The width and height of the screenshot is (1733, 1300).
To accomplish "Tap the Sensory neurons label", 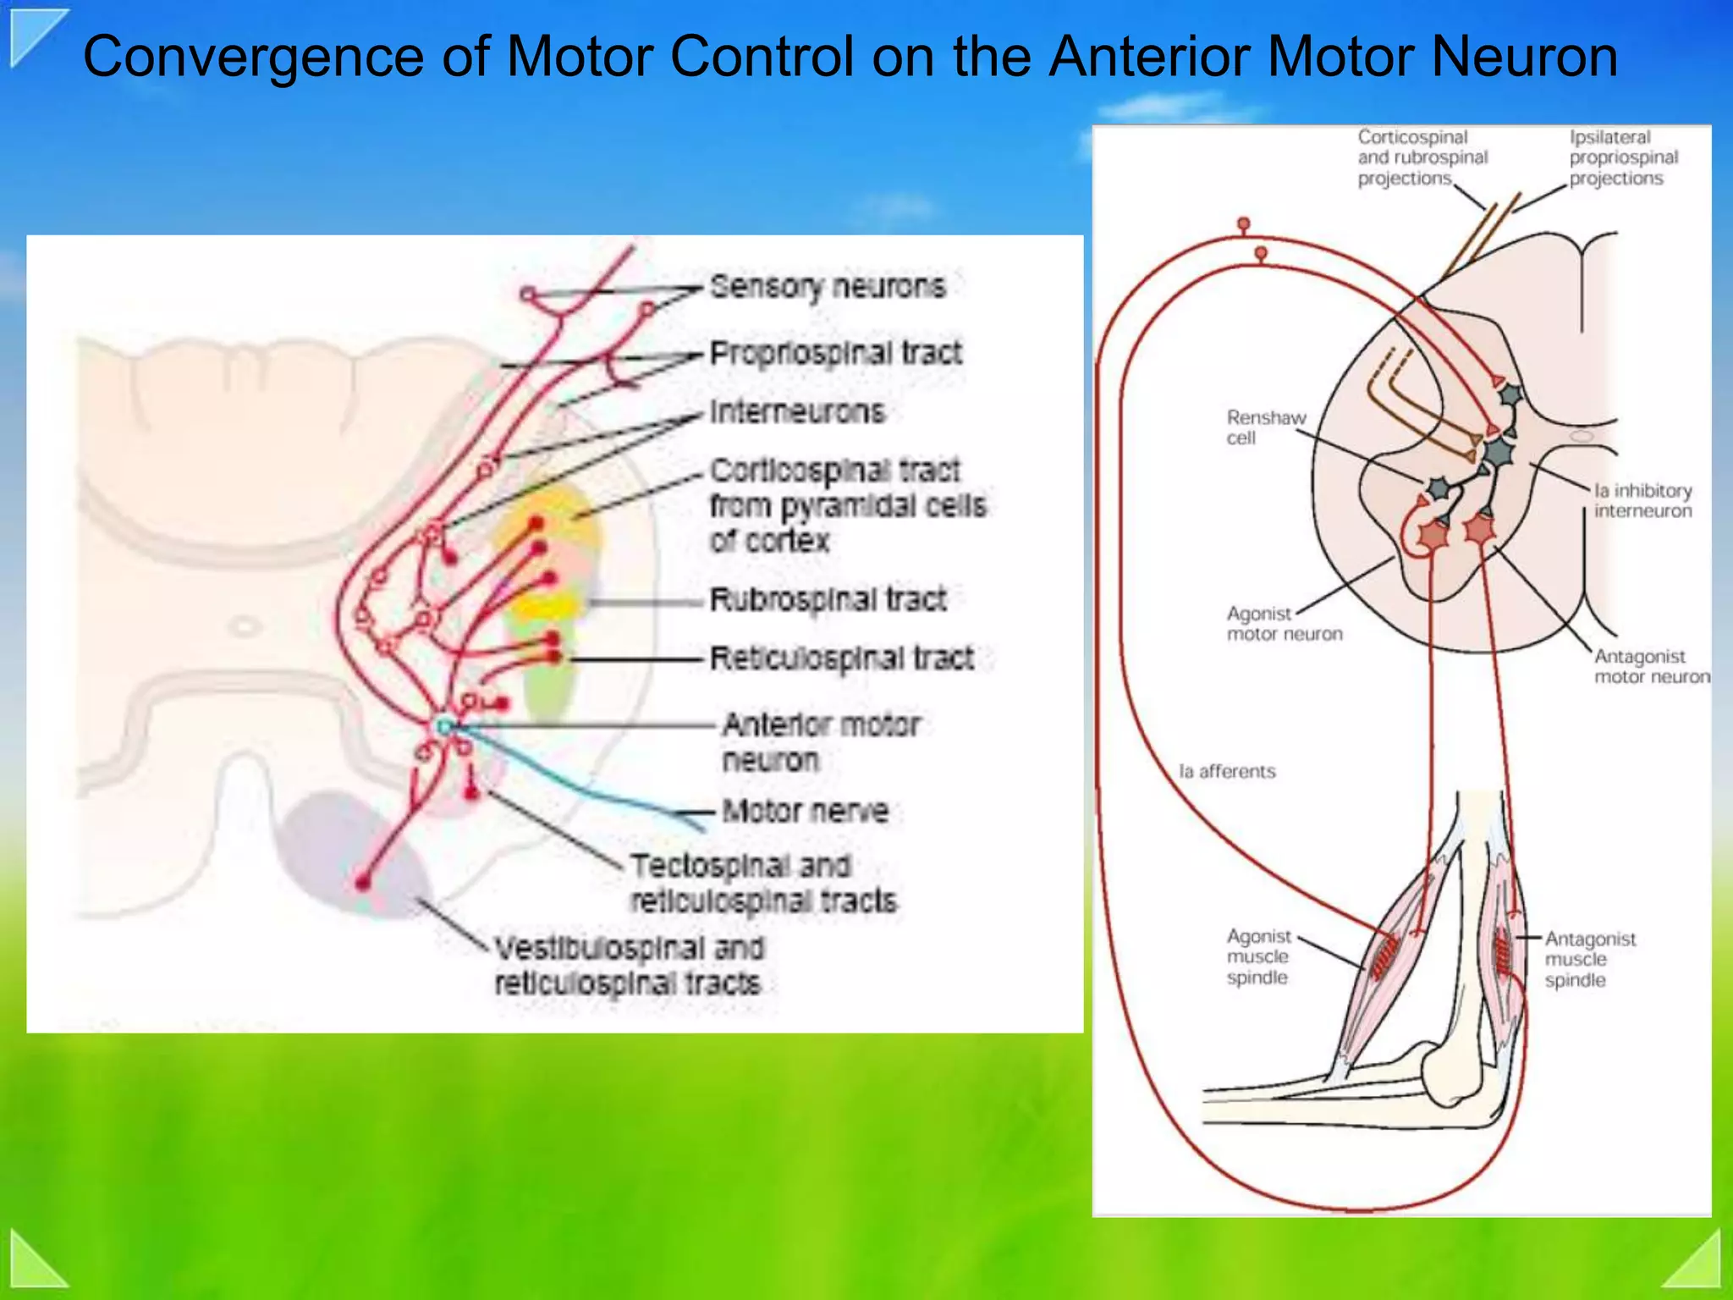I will tap(827, 288).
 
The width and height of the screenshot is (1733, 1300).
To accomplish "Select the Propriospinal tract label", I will tap(835, 353).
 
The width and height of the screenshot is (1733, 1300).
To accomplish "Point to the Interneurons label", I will tap(797, 412).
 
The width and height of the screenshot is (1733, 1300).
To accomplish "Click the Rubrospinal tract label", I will tap(828, 599).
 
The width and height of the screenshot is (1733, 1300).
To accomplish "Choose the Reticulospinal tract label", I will tap(841, 658).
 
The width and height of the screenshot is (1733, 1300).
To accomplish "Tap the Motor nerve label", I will tap(805, 811).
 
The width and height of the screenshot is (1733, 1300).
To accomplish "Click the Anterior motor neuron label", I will tap(820, 741).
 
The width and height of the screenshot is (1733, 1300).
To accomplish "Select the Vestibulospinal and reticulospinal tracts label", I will tap(628, 966).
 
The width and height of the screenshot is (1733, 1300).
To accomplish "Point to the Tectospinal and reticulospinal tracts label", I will tap(763, 883).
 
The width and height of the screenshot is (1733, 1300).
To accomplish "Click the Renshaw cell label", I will tap(1265, 427).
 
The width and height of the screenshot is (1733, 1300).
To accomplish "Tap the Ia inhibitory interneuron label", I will tap(1642, 500).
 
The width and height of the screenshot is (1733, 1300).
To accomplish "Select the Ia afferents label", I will tap(1227, 771).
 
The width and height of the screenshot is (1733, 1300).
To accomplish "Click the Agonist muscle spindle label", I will tap(1258, 956).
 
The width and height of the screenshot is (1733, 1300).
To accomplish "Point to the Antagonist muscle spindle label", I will tap(1589, 959).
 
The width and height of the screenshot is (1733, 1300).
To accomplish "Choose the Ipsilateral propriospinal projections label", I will tap(1623, 157).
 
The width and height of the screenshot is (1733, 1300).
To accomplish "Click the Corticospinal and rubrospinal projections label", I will tap(1422, 157).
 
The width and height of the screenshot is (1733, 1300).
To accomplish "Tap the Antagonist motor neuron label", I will tap(1651, 667).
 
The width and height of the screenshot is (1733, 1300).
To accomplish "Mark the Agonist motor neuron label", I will tap(1284, 624).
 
